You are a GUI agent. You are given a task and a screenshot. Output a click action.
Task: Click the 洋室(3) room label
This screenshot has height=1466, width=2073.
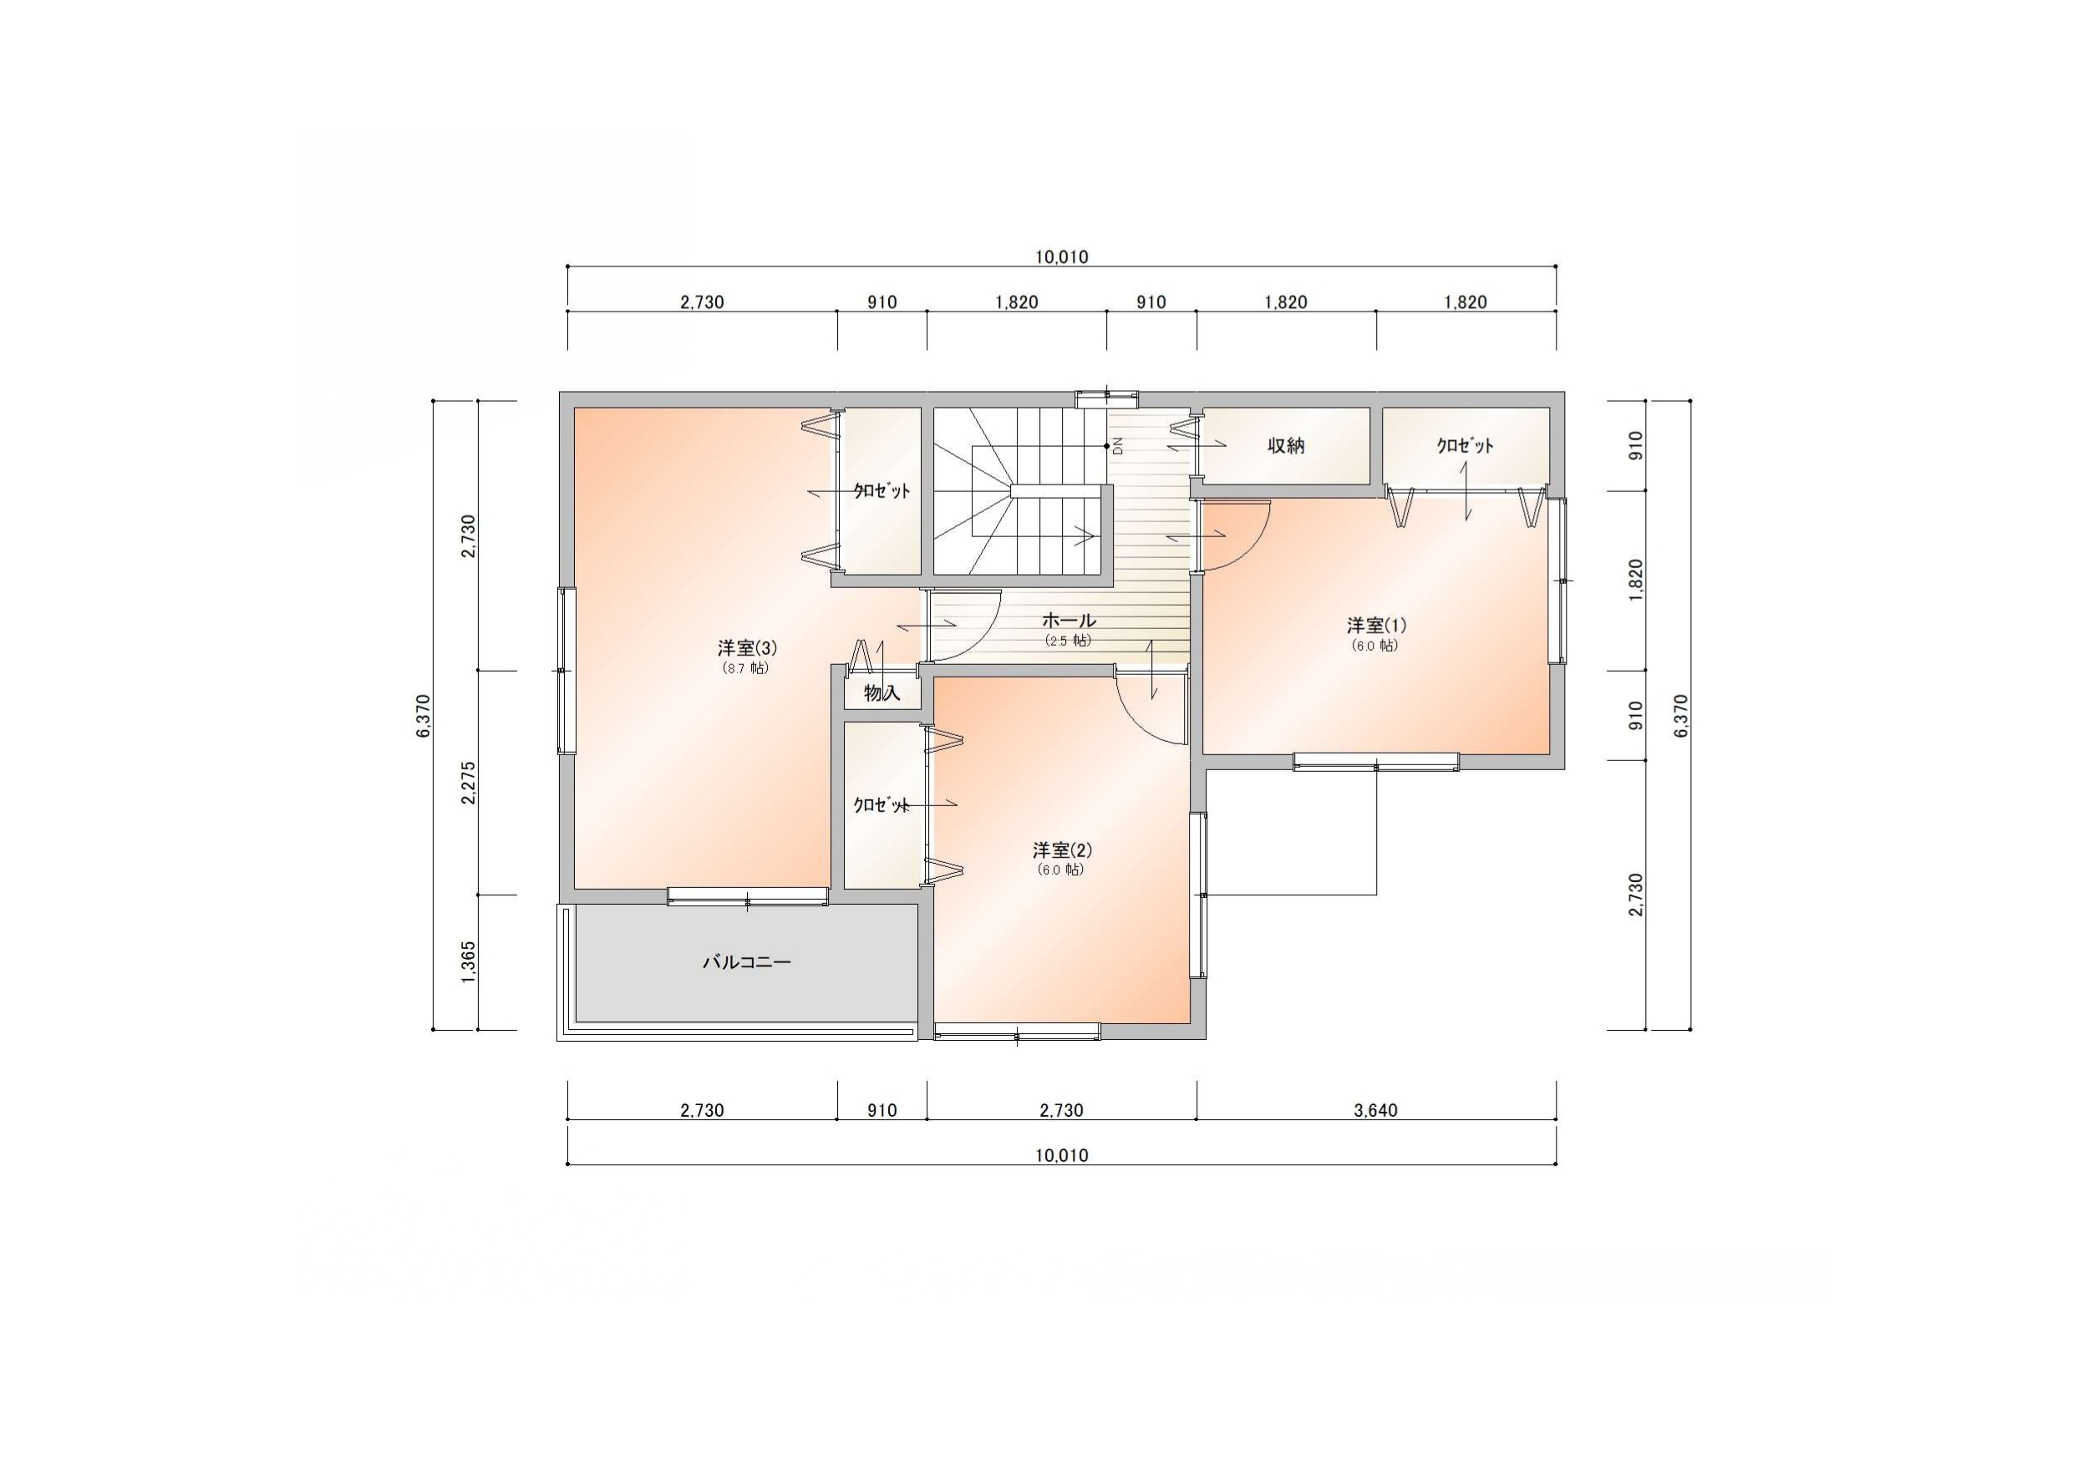tap(748, 647)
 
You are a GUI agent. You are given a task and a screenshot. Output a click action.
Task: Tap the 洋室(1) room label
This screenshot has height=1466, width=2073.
tap(1376, 625)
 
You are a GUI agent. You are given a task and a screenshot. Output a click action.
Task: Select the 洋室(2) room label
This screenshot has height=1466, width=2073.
tap(1062, 850)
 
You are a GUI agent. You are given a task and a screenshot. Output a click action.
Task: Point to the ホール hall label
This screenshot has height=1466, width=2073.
tap(1069, 620)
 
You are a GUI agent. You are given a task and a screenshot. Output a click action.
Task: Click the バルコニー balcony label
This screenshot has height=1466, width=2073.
tap(747, 962)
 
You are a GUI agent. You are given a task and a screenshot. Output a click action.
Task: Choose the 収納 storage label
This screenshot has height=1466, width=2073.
tap(1286, 445)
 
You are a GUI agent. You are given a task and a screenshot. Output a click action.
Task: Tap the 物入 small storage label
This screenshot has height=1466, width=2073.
tap(882, 693)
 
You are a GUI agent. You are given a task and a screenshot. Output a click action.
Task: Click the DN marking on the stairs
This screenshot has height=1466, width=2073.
tap(1117, 445)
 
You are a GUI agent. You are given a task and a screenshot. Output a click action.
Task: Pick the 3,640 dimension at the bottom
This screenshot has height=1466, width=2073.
tap(1376, 1110)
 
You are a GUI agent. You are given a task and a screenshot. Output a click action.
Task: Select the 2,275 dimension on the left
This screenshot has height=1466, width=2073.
tap(469, 783)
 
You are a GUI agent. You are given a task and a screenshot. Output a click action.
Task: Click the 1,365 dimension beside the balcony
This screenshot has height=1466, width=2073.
tap(469, 962)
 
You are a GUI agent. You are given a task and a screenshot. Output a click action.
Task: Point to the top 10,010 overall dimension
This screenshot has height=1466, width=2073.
tap(1062, 257)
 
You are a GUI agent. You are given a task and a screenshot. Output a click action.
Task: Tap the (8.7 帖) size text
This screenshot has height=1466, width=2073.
tap(747, 669)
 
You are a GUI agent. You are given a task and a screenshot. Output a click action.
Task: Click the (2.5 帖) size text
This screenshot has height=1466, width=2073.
tap(1069, 641)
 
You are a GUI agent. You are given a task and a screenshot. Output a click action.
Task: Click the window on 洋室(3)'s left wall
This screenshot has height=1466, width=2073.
tap(567, 670)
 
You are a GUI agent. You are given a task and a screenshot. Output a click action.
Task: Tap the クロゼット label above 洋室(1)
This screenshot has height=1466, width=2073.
tap(1465, 445)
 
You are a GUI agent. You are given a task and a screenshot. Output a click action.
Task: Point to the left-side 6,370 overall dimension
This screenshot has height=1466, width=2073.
tap(424, 715)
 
